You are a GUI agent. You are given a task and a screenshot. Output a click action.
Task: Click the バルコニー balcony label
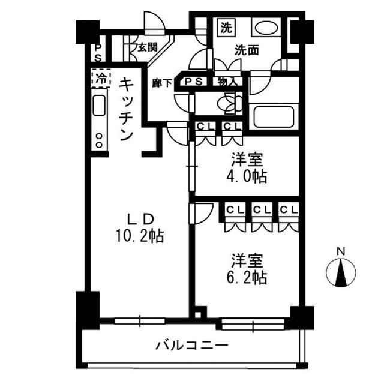coord(191,346)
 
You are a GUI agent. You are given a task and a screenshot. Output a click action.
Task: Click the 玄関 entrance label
coord(146,46)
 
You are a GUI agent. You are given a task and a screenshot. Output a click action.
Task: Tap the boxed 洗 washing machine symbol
coord(225,27)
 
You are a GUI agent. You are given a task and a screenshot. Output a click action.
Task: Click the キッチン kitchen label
coord(125,109)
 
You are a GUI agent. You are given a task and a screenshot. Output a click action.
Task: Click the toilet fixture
coord(230,104)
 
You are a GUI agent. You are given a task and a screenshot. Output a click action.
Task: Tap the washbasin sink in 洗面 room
coord(265,28)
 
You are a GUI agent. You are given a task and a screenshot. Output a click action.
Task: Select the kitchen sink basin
coord(100,107)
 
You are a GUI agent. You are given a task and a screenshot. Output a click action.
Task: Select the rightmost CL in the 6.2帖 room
coord(287,209)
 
